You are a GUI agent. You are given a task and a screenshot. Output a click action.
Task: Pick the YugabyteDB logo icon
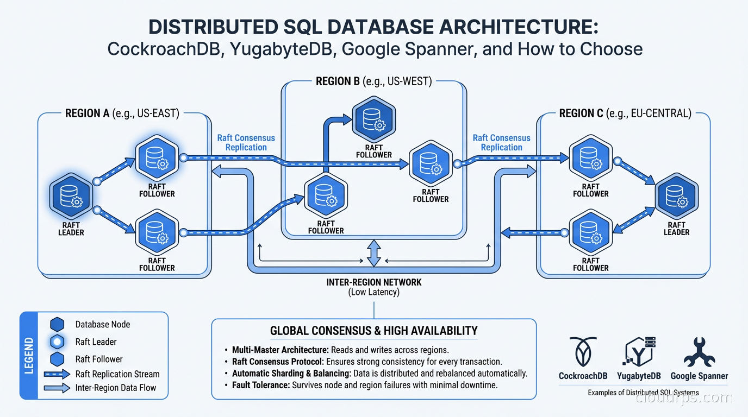(x=639, y=352)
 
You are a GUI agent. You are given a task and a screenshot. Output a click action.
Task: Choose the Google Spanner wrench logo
(x=699, y=352)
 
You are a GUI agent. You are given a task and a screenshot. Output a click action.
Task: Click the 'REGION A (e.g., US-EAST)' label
(x=122, y=113)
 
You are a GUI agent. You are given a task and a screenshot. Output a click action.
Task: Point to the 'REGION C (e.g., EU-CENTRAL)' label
(x=625, y=113)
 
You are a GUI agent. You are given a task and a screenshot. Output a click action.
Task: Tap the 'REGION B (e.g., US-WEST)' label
(x=373, y=81)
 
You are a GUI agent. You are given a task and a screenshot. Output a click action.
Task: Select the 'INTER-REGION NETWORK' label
(x=373, y=282)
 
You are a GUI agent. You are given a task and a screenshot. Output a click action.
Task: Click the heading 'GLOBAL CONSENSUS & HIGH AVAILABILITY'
(x=373, y=331)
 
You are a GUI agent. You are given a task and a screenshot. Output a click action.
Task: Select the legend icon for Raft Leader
(x=57, y=342)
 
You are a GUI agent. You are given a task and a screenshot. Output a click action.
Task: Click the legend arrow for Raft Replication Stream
(x=57, y=374)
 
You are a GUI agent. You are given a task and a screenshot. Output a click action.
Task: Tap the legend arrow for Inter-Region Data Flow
(x=57, y=388)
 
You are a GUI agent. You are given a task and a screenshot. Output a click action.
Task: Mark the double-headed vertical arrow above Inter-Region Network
(x=373, y=254)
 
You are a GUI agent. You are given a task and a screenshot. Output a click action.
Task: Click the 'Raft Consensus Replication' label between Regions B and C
(x=501, y=143)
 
